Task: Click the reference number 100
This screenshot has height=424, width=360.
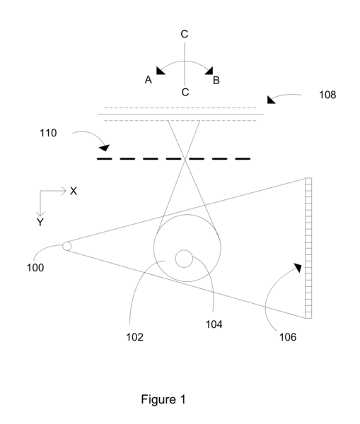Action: click(x=35, y=268)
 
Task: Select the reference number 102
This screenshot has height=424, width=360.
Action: click(x=134, y=337)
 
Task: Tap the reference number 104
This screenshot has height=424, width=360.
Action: click(x=214, y=324)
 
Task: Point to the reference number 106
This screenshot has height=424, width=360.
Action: click(x=288, y=337)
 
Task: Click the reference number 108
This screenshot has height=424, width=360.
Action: click(x=327, y=95)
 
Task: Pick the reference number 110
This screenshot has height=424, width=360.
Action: click(x=48, y=133)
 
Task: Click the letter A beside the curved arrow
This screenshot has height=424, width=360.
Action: click(x=149, y=80)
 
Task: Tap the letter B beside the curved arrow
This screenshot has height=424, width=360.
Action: click(x=216, y=81)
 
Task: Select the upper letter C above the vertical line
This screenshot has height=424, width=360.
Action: click(x=185, y=34)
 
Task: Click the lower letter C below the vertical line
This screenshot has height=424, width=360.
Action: click(x=185, y=92)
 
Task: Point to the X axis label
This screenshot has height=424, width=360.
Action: click(x=74, y=192)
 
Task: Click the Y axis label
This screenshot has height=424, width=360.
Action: click(x=40, y=223)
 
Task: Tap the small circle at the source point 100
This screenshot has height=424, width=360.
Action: click(x=67, y=247)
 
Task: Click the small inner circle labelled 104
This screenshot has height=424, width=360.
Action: click(x=184, y=259)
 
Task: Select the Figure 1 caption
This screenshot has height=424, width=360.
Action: click(x=163, y=399)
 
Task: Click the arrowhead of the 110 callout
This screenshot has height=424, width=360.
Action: click(x=105, y=148)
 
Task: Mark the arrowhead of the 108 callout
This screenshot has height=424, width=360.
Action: click(x=270, y=100)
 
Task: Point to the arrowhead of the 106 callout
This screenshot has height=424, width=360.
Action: click(x=298, y=267)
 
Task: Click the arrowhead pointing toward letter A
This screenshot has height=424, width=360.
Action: click(x=160, y=71)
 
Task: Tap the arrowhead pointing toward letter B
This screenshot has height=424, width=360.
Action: click(x=209, y=71)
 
